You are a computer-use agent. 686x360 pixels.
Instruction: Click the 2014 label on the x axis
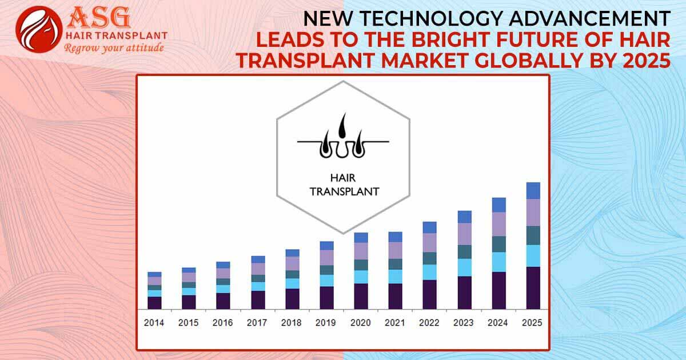click(x=154, y=323)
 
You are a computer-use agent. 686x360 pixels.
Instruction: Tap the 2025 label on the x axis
click(x=532, y=323)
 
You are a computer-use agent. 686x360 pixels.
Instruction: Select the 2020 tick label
click(x=361, y=323)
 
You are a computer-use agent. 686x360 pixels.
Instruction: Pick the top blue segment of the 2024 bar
click(x=498, y=205)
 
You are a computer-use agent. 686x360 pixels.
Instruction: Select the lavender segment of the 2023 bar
click(x=464, y=234)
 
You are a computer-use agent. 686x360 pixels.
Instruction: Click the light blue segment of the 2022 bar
click(x=429, y=272)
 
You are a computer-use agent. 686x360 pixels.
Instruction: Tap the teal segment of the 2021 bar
click(x=395, y=264)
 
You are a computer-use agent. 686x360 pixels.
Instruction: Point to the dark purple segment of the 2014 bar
click(x=154, y=303)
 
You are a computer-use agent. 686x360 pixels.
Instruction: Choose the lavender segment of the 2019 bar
click(x=326, y=258)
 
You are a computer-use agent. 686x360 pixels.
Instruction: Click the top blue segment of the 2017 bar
click(x=258, y=259)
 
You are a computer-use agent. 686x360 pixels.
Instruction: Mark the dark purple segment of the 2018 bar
click(x=292, y=299)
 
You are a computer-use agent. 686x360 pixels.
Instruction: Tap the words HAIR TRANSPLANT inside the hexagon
click(x=344, y=185)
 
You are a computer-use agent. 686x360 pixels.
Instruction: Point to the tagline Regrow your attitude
click(x=114, y=48)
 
